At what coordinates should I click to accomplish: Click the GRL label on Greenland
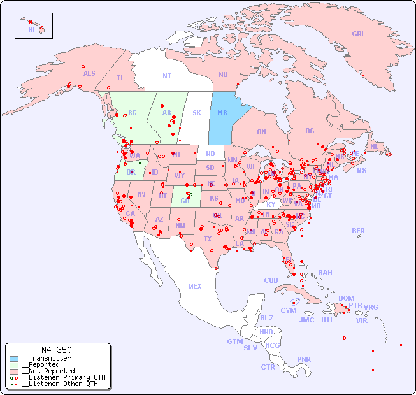pyautogui.click(x=359, y=34)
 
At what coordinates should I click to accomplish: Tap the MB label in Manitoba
pyautogui.click(x=222, y=113)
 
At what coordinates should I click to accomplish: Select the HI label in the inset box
pyautogui.click(x=31, y=30)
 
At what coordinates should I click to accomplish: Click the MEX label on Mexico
pyautogui.click(x=195, y=286)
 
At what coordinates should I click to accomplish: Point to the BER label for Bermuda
pyautogui.click(x=359, y=231)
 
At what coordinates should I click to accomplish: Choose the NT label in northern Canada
pyautogui.click(x=167, y=75)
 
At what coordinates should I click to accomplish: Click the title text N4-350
pyautogui.click(x=56, y=350)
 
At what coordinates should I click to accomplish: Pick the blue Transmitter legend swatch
pyautogui.click(x=14, y=359)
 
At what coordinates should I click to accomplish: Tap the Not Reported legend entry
pyautogui.click(x=48, y=371)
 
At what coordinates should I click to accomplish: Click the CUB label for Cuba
pyautogui.click(x=271, y=280)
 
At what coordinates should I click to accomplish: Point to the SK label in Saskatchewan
pyautogui.click(x=197, y=113)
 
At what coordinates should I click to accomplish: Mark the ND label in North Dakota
pyautogui.click(x=210, y=154)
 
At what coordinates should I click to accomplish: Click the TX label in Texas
pyautogui.click(x=207, y=239)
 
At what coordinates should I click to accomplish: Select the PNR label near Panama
pyautogui.click(x=304, y=359)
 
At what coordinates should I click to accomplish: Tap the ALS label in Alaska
pyautogui.click(x=89, y=73)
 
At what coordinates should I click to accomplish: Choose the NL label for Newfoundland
pyautogui.click(x=374, y=146)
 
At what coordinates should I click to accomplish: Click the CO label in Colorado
pyautogui.click(x=185, y=201)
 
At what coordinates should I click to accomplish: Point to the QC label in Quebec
pyautogui.click(x=310, y=131)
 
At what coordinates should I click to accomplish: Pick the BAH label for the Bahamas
pyautogui.click(x=325, y=273)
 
